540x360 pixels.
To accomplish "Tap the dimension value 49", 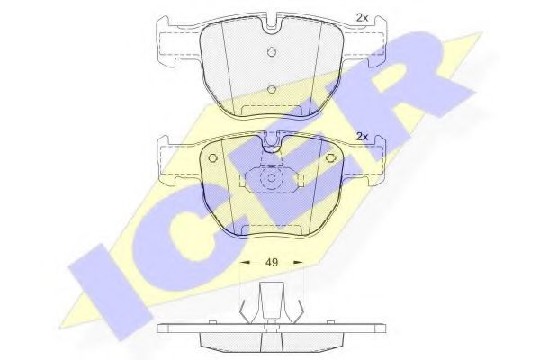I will coord(272,263).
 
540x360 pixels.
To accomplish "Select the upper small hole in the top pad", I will coord(271,50).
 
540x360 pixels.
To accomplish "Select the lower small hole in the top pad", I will coord(271,87).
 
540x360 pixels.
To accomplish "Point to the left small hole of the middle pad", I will coord(213,158).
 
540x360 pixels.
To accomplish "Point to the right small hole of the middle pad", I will coord(329,158).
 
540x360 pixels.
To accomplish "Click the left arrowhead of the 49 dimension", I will coord(245,263).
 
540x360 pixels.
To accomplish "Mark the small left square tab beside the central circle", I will coord(244,182).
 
